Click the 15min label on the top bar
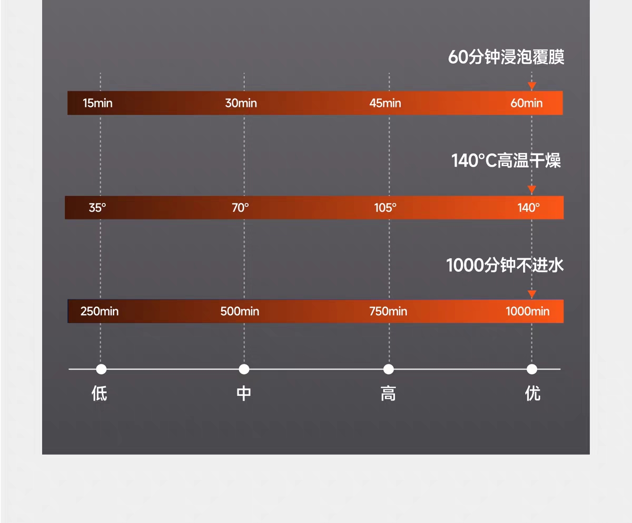(97, 103)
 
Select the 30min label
(241, 103)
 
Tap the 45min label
(385, 103)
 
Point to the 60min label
(526, 103)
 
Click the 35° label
(97, 208)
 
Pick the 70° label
(240, 208)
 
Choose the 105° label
(386, 208)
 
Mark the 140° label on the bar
(528, 208)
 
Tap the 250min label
(100, 311)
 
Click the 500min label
(240, 311)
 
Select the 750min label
(388, 311)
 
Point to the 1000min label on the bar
(527, 311)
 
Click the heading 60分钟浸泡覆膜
(506, 57)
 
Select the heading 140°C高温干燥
(506, 160)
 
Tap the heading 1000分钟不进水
(505, 265)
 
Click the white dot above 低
(101, 369)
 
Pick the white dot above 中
(244, 369)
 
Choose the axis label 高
(388, 394)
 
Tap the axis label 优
(532, 394)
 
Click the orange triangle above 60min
(532, 86)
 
